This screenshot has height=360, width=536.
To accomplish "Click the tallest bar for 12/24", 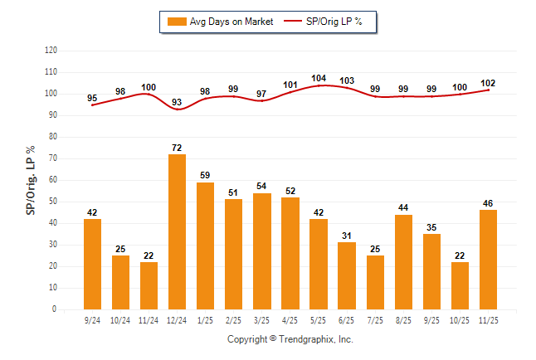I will coord(177,231).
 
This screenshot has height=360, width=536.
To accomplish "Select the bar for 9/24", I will coord(92,264).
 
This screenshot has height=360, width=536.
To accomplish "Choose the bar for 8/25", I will coord(403,261).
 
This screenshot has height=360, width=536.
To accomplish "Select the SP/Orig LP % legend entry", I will coord(325,22).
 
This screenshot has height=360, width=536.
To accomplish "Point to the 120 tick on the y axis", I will coord(51,51).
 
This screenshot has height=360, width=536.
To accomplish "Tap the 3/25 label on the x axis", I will coord(261,319).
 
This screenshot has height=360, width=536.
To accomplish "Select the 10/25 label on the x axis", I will coord(459,319).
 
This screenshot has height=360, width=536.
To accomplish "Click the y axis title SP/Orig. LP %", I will coord(31,179).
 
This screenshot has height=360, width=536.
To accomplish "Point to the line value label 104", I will coord(319,78).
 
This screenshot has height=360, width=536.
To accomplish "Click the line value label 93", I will coord(177,102).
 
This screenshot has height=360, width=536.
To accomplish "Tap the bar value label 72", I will coord(177,147).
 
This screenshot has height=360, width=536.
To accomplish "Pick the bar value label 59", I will coord(205,175).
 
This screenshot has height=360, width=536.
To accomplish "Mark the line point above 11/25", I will coord(488,90).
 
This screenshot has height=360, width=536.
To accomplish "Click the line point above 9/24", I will coord(92,105).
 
